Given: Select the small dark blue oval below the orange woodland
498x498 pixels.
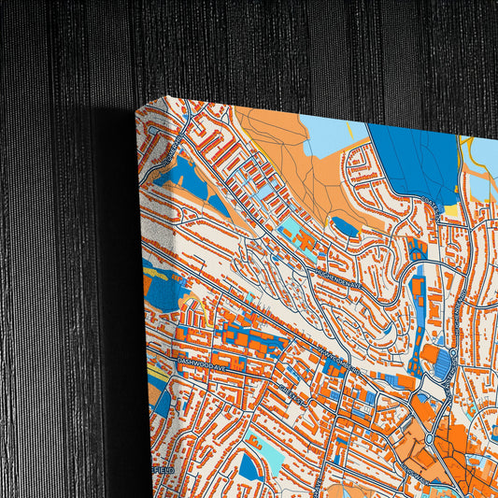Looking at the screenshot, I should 345,226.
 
